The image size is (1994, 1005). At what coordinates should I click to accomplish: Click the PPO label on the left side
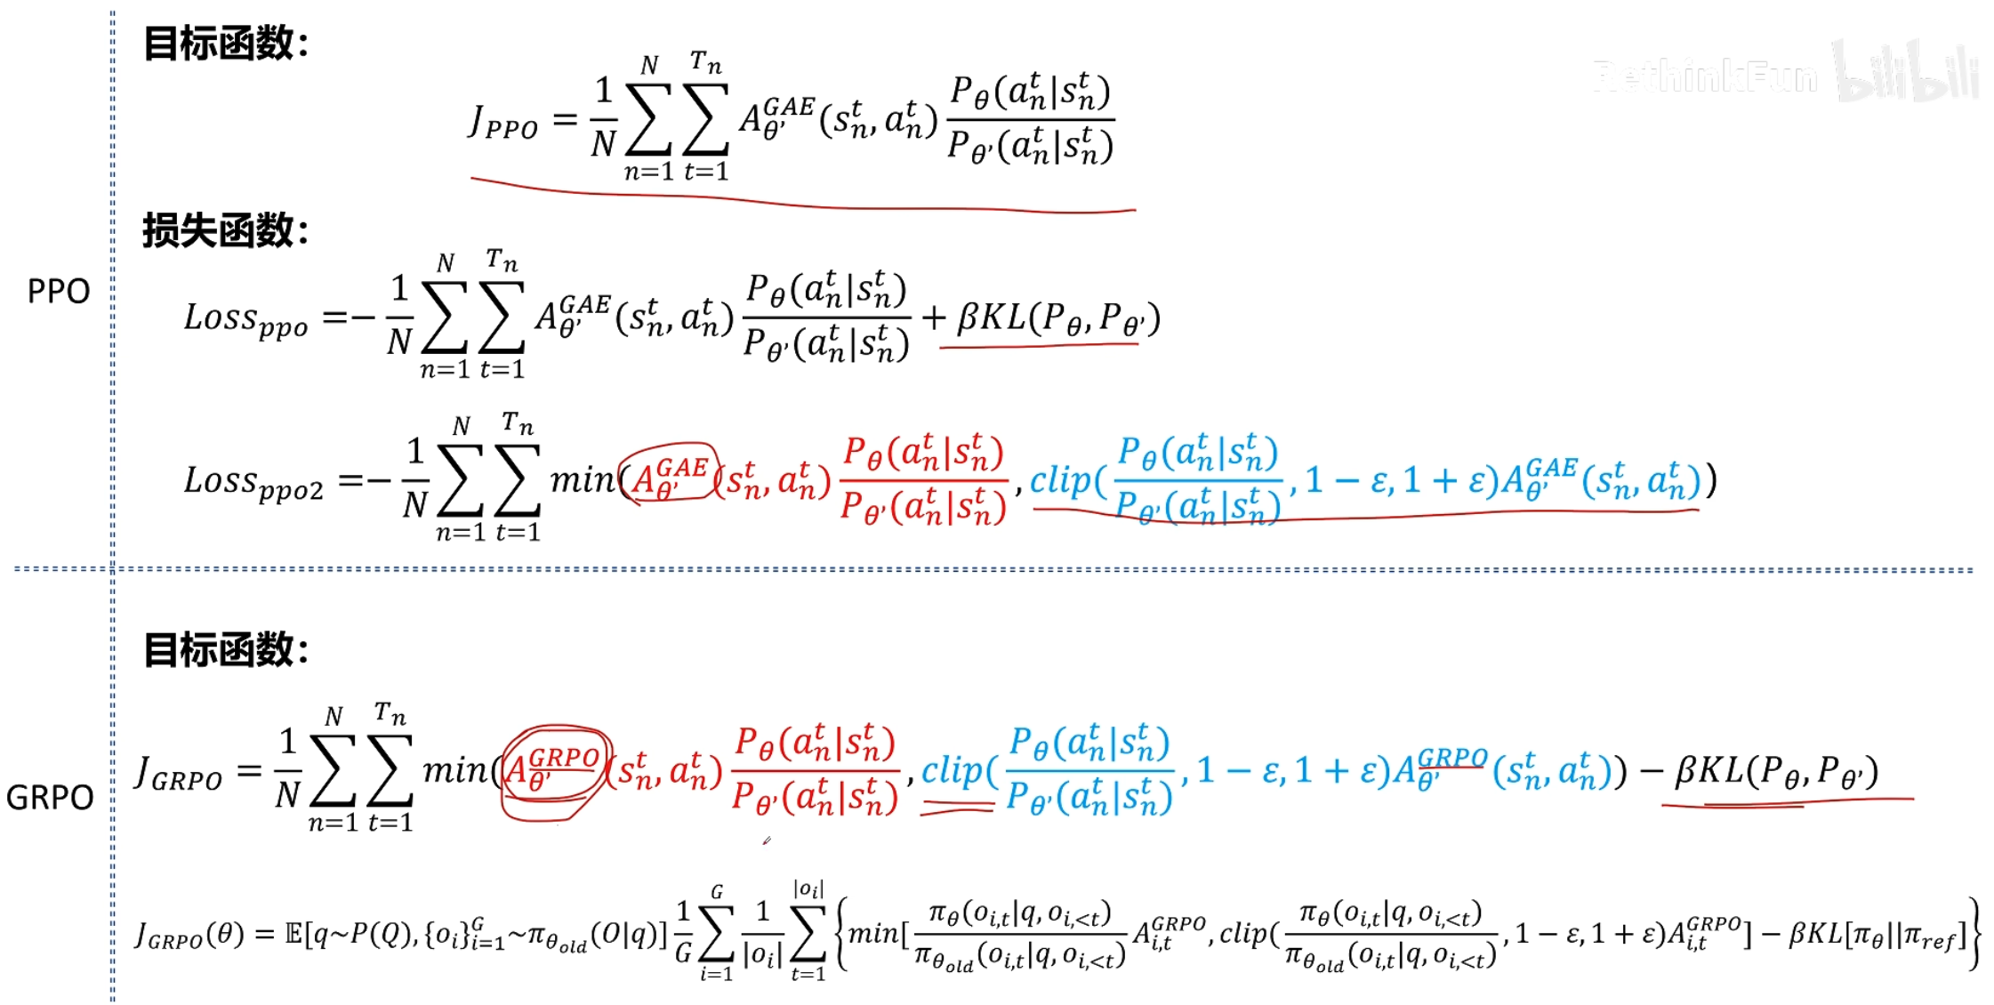59,292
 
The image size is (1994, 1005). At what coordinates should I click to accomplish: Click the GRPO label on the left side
50,798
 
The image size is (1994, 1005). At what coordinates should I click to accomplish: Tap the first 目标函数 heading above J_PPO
226,43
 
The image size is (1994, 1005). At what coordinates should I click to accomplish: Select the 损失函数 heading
226,231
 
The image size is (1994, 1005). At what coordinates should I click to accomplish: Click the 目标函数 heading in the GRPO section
226,649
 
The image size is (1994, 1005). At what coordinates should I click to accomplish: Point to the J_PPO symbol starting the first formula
503,122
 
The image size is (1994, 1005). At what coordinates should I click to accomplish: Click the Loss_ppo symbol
246,320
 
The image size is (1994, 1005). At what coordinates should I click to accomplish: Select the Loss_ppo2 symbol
253,483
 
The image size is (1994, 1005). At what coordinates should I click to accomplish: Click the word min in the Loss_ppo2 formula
583,480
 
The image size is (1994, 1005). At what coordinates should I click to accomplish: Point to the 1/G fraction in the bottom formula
683,933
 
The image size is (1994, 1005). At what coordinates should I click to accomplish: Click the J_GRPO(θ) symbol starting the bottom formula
189,935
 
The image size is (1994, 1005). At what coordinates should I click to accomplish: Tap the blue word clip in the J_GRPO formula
957,771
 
